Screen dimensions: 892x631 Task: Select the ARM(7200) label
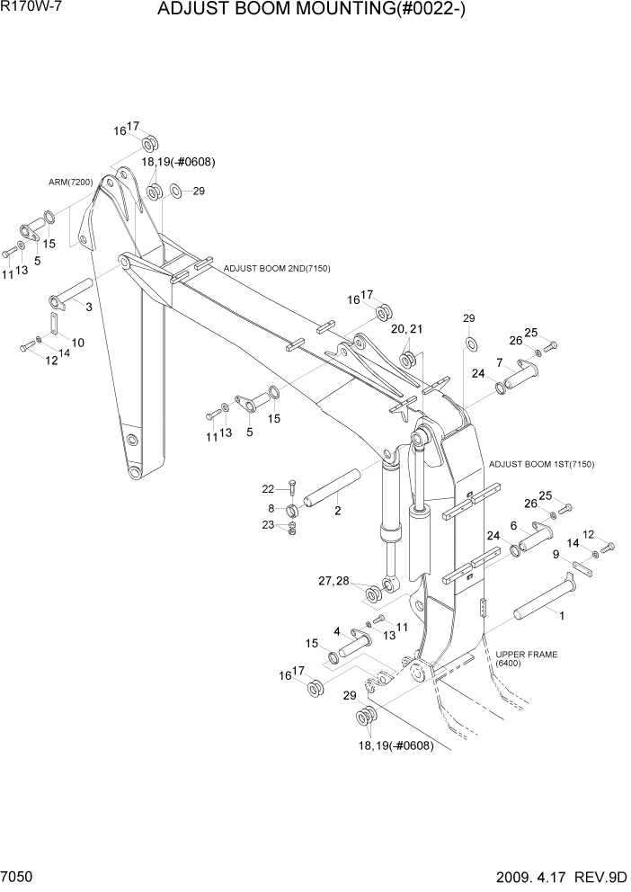(71, 182)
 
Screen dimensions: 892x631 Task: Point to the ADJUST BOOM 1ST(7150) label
(541, 464)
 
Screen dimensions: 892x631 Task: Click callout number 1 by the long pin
(563, 616)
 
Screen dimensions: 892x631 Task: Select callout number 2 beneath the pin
(337, 511)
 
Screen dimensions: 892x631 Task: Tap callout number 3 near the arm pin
(88, 307)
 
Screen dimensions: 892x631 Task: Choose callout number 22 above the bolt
(267, 488)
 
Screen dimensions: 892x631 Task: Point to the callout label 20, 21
(406, 330)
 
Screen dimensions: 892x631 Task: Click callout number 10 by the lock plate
(78, 343)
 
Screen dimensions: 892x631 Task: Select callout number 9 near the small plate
(556, 554)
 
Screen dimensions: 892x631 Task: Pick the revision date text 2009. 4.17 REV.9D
(557, 876)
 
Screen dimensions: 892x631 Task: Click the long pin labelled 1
(542, 601)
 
